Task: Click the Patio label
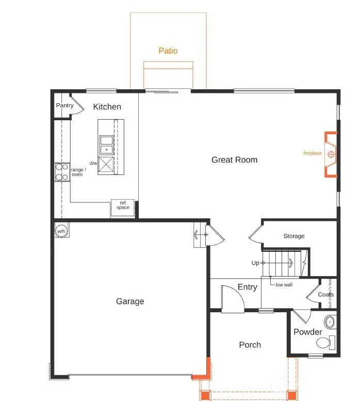168,51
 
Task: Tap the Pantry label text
65,106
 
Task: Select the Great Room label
234,160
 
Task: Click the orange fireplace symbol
330,154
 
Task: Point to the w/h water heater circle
61,231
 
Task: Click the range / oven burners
62,172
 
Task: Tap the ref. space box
123,205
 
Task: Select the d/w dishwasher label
93,163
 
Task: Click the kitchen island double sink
107,145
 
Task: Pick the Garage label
130,301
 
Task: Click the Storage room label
294,236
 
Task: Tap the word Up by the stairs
255,263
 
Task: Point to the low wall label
284,285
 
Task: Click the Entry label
248,287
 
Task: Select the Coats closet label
325,295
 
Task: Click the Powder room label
308,332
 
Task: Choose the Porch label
250,345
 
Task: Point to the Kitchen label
107,107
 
